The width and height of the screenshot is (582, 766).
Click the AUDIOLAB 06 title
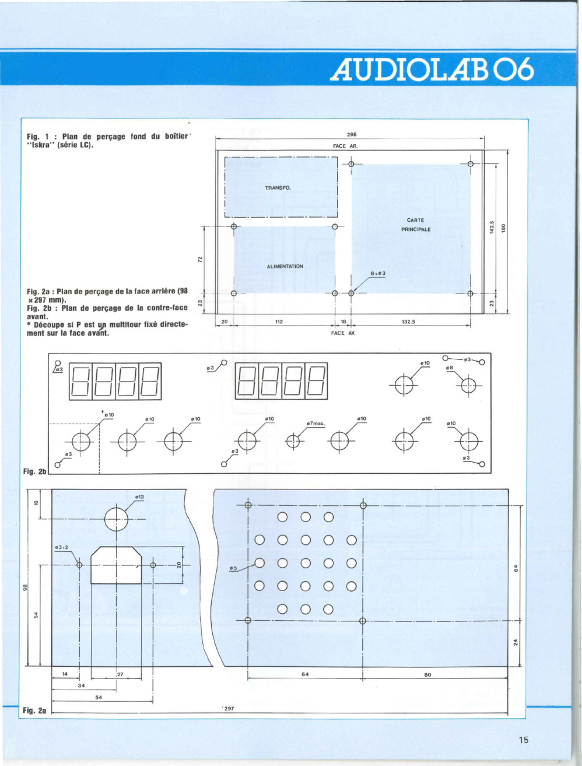tap(432, 69)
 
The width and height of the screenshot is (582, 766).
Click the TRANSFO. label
tap(278, 188)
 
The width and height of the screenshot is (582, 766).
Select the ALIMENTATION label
tap(285, 266)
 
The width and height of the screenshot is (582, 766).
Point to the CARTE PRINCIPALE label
tap(416, 225)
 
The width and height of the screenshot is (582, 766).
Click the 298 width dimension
tap(352, 134)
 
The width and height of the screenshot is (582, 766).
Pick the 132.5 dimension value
tap(408, 322)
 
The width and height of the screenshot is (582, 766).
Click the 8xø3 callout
tap(378, 273)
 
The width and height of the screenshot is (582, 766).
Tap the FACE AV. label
tap(343, 333)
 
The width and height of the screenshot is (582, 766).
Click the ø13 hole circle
tap(116, 519)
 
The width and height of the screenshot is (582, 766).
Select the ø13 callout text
tap(139, 496)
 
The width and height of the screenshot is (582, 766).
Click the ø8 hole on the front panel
tap(468, 386)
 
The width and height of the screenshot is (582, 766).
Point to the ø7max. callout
tap(315, 424)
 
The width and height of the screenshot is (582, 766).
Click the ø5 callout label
tap(233, 568)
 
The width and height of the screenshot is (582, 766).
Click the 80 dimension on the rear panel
tap(428, 674)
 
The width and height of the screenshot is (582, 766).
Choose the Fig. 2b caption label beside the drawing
tap(35, 471)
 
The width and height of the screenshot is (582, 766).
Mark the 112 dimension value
tap(279, 322)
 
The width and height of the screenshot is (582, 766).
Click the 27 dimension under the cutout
tap(120, 674)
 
